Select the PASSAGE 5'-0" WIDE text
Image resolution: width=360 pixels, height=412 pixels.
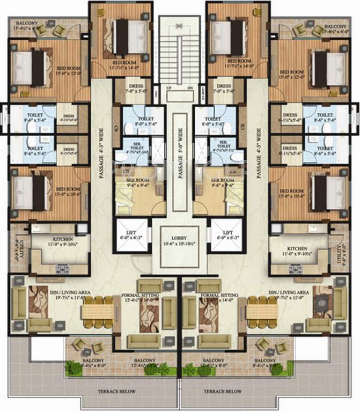pos(180,145)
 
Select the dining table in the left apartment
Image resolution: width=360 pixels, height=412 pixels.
pos(97,312)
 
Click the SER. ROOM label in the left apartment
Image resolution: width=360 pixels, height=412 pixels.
pos(133,180)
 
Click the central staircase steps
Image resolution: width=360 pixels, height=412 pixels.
pos(180,51)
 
